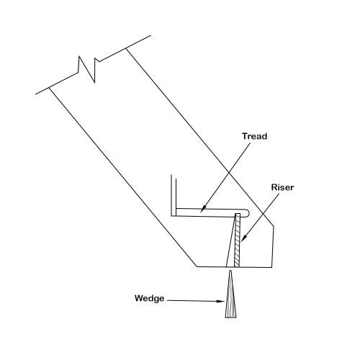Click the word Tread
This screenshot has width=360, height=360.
[254, 136]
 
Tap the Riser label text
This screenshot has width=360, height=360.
[282, 187]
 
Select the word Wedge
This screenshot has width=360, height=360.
[150, 299]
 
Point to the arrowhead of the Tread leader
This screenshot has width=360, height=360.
[203, 210]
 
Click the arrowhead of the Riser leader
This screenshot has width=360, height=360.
[243, 238]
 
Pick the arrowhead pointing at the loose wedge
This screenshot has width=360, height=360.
[221, 301]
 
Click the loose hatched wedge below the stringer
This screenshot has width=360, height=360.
[230, 297]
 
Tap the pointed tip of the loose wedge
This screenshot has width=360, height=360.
[230, 271]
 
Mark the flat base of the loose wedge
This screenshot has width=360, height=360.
[230, 318]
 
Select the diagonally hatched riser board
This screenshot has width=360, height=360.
[237, 240]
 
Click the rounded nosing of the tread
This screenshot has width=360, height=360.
[248, 213]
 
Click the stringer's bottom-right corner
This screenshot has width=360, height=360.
[272, 267]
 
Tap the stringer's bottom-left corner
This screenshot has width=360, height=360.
[197, 266]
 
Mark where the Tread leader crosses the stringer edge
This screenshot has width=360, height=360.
[229, 172]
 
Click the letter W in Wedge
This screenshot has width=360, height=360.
[139, 298]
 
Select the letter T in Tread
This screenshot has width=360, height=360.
[245, 136]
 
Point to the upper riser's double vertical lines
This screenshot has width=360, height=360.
[174, 195]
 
